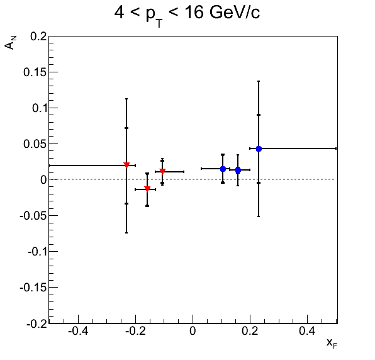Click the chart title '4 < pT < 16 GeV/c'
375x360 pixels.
(x=187, y=14)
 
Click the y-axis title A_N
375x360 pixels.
(x=10, y=42)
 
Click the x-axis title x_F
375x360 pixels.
(x=332, y=343)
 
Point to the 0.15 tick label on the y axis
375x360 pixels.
(x=35, y=72)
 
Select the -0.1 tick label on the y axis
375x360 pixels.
(x=37, y=251)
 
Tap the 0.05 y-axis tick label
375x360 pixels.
(x=35, y=143)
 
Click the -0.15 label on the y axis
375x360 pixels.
(x=33, y=287)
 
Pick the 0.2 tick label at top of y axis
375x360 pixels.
(x=38, y=37)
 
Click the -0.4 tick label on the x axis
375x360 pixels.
(x=78, y=331)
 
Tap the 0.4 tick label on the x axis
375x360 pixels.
(x=307, y=331)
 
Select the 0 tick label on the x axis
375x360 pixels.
(x=193, y=331)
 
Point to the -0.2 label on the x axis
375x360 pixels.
(x=135, y=331)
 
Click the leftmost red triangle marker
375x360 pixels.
(x=126, y=165)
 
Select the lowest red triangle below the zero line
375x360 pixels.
(x=147, y=189)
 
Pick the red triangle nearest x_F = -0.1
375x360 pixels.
(x=162, y=171)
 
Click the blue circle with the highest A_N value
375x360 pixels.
(x=259, y=149)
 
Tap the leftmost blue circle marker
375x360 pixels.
(x=223, y=169)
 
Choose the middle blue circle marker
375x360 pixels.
(x=238, y=171)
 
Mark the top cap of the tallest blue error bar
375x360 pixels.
(x=259, y=81)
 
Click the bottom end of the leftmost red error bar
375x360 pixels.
(x=126, y=233)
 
